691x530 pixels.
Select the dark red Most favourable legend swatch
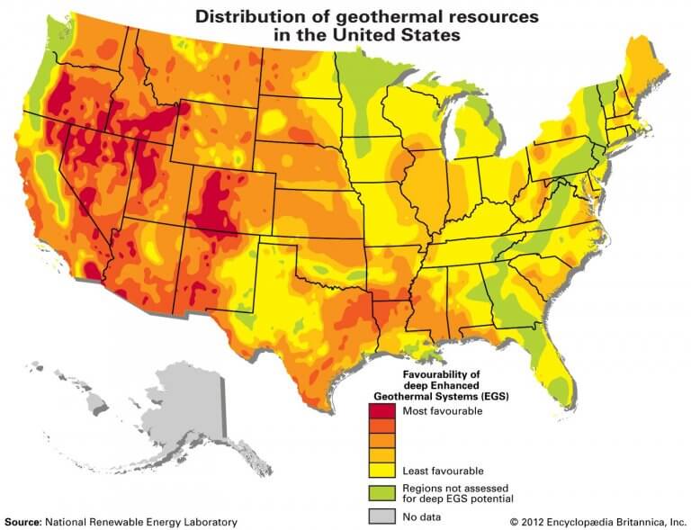[x=381, y=411]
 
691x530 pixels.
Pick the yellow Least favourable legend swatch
[x=381, y=470]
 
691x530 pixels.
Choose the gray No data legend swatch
[x=381, y=516]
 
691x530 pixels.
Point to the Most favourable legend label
[x=443, y=411]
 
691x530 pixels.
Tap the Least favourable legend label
[x=442, y=471]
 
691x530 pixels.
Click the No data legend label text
[x=422, y=517]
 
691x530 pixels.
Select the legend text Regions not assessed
[x=450, y=487]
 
